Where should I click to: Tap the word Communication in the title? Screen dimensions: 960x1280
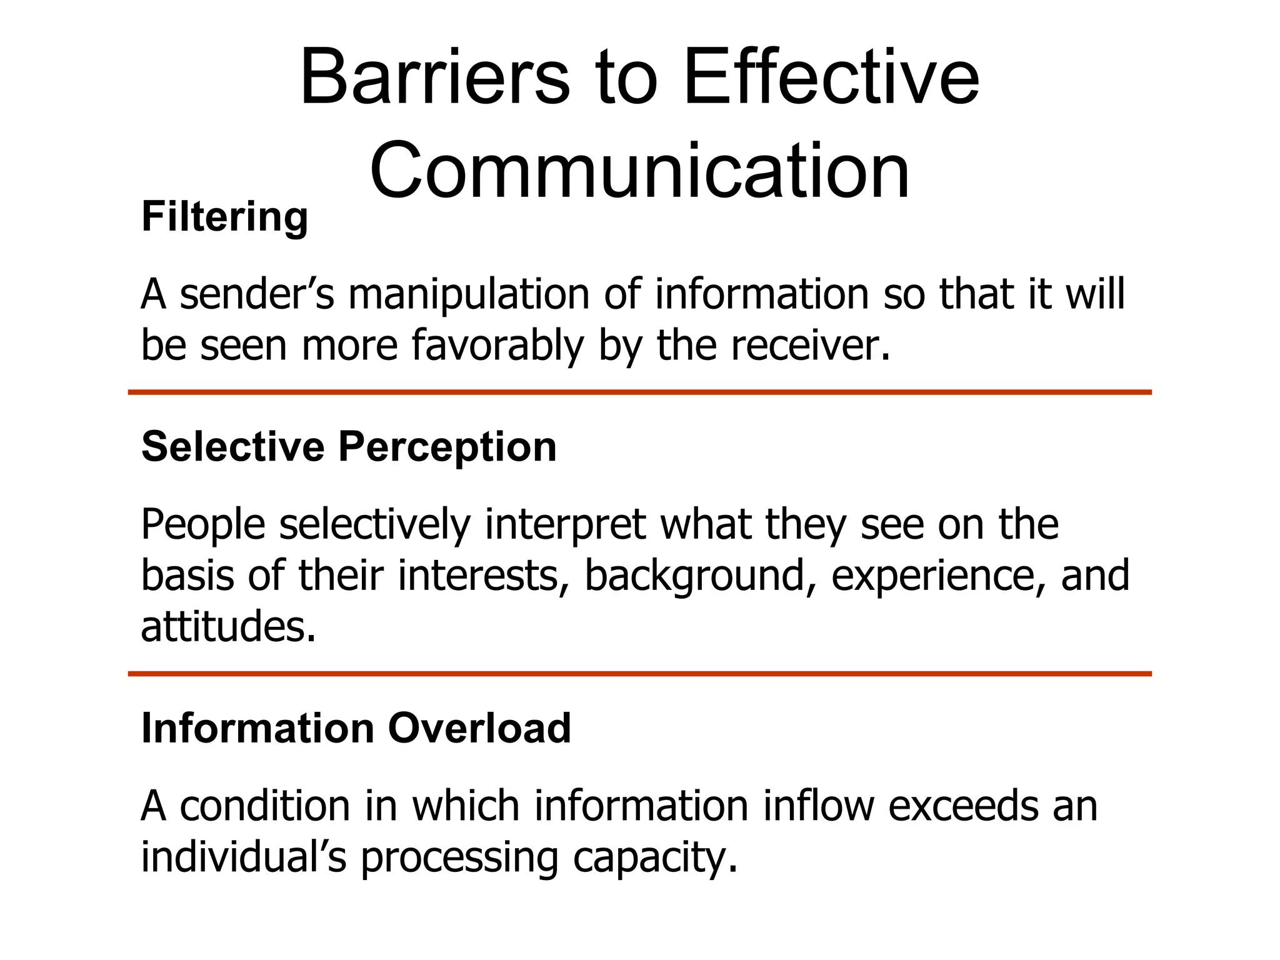(639, 171)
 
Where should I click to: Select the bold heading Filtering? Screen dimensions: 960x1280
(225, 217)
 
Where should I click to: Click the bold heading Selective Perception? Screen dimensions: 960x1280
(349, 447)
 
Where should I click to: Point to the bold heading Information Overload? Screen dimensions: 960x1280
(356, 729)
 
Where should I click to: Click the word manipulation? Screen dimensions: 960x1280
(469, 294)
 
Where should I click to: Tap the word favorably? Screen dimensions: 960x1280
(497, 346)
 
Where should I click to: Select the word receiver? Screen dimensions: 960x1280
(811, 346)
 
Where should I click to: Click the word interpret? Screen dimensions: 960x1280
(565, 524)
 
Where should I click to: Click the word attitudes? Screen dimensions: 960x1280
(228, 627)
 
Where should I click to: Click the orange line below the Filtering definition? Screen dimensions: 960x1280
(639, 392)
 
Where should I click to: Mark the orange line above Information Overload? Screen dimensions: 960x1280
(639, 674)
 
